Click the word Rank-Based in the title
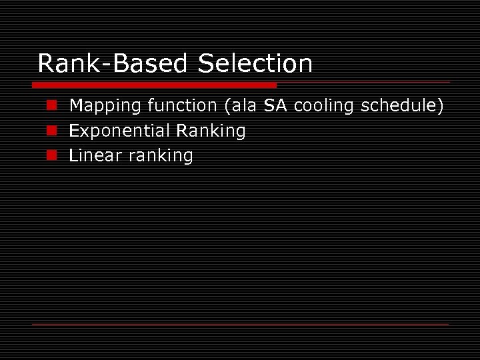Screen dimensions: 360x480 pyautogui.click(x=114, y=64)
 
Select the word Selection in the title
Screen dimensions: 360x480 pyautogui.click(x=255, y=64)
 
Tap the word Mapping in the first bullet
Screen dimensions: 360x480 pyautogui.click(x=101, y=106)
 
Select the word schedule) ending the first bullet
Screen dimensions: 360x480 pyautogui.click(x=403, y=105)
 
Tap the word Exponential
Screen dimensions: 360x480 pyautogui.click(x=118, y=131)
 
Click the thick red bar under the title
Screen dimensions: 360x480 pyautogui.click(x=154, y=85)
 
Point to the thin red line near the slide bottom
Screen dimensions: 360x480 pyautogui.click(x=240, y=324)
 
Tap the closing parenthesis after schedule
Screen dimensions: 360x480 pyautogui.click(x=440, y=105)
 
